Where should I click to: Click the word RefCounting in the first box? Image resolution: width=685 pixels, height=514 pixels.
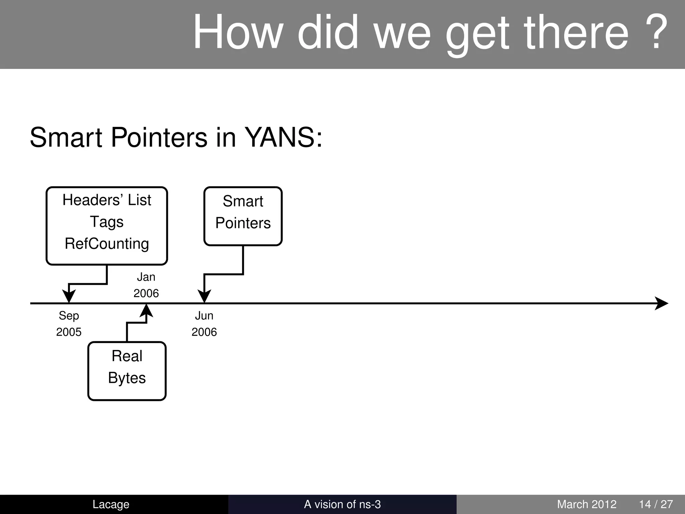click(107, 244)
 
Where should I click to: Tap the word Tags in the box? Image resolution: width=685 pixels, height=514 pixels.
click(107, 222)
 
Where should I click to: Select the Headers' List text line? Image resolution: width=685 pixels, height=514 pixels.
click(107, 200)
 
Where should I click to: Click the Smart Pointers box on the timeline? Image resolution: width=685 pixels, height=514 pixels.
click(243, 216)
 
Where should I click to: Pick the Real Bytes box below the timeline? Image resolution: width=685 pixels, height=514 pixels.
click(127, 371)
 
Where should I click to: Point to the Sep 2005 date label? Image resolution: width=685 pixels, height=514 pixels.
click(69, 324)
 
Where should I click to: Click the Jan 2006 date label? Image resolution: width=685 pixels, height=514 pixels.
click(146, 285)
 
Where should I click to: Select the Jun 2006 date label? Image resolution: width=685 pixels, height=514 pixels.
click(204, 324)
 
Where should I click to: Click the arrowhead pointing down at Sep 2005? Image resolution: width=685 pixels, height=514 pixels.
click(69, 296)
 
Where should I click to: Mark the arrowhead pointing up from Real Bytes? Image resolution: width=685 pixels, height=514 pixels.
click(146, 310)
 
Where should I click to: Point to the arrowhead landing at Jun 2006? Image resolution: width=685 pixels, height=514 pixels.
click(204, 296)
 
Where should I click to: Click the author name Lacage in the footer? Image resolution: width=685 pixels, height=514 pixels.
click(111, 504)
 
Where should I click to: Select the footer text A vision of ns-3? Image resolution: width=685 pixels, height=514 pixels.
click(342, 504)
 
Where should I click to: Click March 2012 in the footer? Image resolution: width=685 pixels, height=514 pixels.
click(586, 504)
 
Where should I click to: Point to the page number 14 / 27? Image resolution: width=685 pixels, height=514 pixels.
click(656, 504)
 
